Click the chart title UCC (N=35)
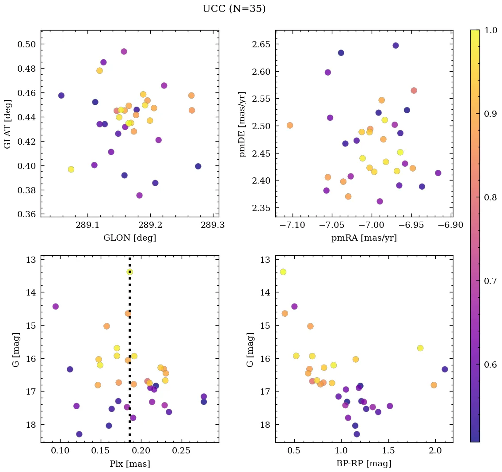point(234,9)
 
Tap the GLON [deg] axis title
point(129,238)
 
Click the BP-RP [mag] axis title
point(364,464)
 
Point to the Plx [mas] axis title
point(129,464)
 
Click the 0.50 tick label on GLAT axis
point(27,44)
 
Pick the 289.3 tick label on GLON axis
point(213,226)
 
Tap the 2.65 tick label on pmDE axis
point(262,44)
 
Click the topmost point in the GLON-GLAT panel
point(124,51)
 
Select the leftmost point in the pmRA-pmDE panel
point(290,125)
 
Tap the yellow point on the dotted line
point(129,272)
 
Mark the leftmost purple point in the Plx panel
point(56,307)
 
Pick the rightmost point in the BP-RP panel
point(445,369)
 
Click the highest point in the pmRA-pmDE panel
point(396,46)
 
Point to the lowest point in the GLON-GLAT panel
point(139,195)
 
